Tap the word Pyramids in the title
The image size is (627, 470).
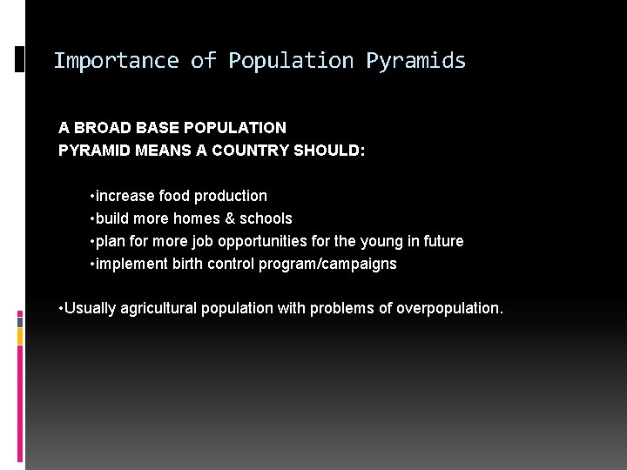(x=415, y=61)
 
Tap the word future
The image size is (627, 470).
(x=441, y=241)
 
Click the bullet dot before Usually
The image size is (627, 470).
(x=61, y=309)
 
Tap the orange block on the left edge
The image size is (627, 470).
(x=20, y=335)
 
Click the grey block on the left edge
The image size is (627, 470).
(x=20, y=320)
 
